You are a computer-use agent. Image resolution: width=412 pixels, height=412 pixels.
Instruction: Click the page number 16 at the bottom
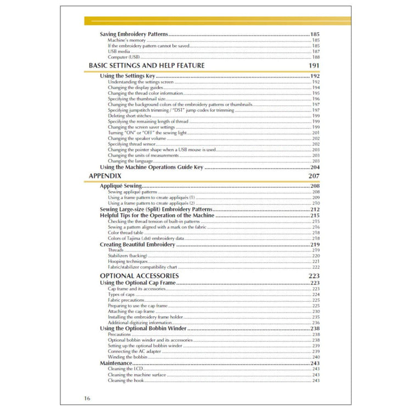tap(88, 398)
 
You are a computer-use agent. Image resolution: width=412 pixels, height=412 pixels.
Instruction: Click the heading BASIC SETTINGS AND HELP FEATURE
tap(147, 65)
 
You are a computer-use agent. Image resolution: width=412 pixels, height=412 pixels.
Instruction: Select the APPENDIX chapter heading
tap(105, 176)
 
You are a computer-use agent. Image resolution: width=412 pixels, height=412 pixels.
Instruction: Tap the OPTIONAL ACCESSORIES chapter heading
tap(139, 275)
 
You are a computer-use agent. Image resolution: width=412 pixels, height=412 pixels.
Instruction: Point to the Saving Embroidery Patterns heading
tap(134, 34)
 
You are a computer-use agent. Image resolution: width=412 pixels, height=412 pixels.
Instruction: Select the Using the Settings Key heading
tap(127, 76)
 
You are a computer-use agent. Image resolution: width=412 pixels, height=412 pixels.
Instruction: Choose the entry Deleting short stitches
tap(130, 116)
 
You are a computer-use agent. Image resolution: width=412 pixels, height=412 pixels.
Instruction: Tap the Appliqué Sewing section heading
tap(121, 186)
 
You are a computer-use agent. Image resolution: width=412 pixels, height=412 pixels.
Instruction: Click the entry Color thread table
tap(126, 233)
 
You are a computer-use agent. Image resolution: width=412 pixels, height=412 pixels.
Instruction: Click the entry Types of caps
tap(122, 294)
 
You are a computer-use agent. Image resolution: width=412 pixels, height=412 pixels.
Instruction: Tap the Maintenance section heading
tap(116, 363)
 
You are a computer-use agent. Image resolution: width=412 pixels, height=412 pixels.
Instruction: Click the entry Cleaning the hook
tap(126, 380)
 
